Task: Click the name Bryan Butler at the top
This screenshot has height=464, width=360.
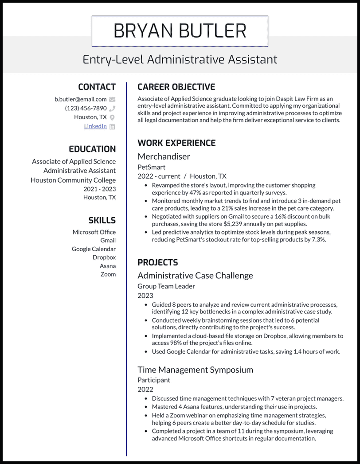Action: point(180,31)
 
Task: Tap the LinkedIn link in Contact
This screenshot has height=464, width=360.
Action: point(95,126)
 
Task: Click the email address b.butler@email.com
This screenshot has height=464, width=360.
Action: point(81,99)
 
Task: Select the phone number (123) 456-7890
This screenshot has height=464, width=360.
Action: point(86,108)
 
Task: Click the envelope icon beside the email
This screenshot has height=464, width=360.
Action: point(112,100)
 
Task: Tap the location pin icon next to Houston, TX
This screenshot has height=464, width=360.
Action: point(112,117)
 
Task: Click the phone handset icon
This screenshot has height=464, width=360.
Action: point(112,109)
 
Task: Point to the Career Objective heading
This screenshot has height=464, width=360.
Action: point(176,87)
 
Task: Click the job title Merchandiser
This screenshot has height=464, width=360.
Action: point(164,156)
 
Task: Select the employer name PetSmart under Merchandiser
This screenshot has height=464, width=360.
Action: point(151,167)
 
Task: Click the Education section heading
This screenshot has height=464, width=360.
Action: point(92,149)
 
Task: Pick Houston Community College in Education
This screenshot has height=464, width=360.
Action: point(73,180)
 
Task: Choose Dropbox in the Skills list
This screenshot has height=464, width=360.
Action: point(104,257)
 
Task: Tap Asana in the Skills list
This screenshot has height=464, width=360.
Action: point(108,266)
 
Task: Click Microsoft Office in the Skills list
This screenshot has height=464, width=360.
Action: point(94,232)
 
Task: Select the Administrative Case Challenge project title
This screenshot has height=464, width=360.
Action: point(195,276)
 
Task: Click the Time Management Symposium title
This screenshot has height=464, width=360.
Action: point(195,370)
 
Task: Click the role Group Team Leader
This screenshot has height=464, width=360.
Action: point(166,286)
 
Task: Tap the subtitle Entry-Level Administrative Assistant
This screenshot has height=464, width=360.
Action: point(180,59)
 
